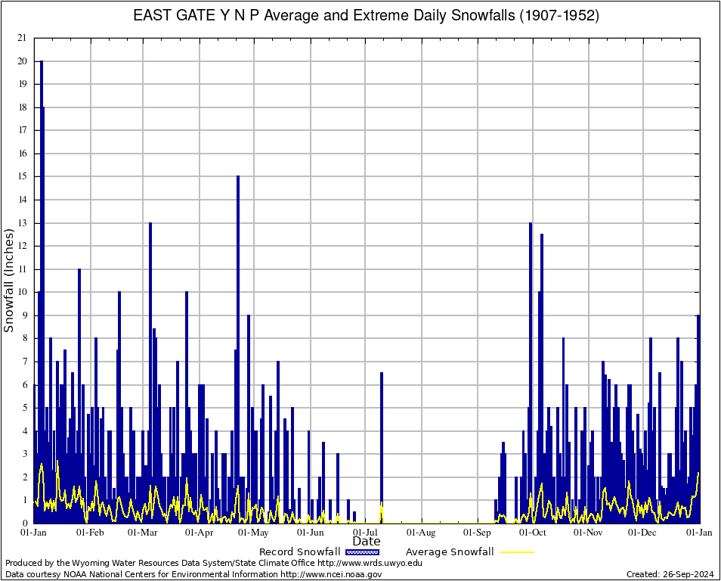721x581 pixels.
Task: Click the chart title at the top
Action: tap(366, 16)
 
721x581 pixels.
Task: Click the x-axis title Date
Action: tap(367, 542)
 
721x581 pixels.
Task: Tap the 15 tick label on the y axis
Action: tap(23, 176)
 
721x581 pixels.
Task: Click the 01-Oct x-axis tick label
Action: tap(533, 533)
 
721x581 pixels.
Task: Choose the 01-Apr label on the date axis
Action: tap(200, 533)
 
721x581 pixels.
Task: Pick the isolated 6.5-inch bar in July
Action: tap(382, 446)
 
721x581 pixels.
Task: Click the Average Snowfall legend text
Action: tap(449, 551)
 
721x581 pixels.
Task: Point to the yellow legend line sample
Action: tap(516, 551)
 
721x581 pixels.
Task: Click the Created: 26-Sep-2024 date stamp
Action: tap(670, 574)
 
